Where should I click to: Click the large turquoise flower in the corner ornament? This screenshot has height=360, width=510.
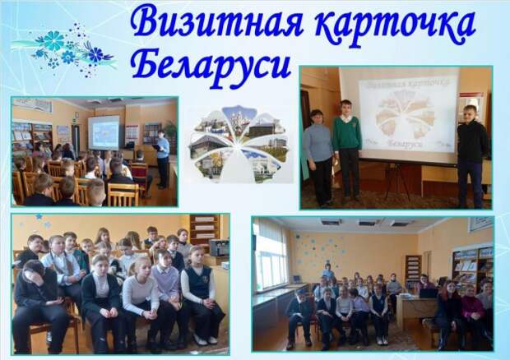click(x=53, y=40)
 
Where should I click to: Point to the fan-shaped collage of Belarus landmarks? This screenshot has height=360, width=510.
click(x=239, y=144)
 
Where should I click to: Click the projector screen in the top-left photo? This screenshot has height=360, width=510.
click(x=104, y=132)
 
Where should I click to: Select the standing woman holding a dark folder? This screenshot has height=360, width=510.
click(x=162, y=159)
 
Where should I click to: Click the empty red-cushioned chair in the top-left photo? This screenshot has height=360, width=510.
click(x=140, y=175)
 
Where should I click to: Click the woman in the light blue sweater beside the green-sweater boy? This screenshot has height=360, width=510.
click(x=318, y=158)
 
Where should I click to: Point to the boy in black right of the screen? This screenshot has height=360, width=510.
click(x=471, y=155)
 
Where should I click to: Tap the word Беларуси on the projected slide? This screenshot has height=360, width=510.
click(x=406, y=143)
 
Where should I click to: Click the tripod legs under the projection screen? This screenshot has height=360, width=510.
click(x=397, y=182)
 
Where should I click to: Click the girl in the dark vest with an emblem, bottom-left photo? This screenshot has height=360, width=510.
click(x=199, y=295)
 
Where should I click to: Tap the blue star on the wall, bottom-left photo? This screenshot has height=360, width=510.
click(x=39, y=216)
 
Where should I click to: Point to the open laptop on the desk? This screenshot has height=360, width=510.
click(x=428, y=293)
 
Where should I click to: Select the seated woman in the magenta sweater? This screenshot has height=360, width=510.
click(x=471, y=312)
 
